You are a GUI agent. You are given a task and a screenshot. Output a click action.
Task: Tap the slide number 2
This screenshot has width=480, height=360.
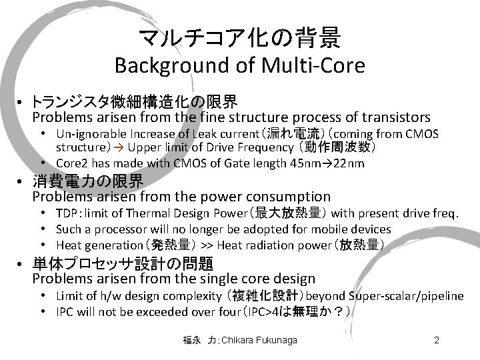pyautogui.click(x=436, y=341)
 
